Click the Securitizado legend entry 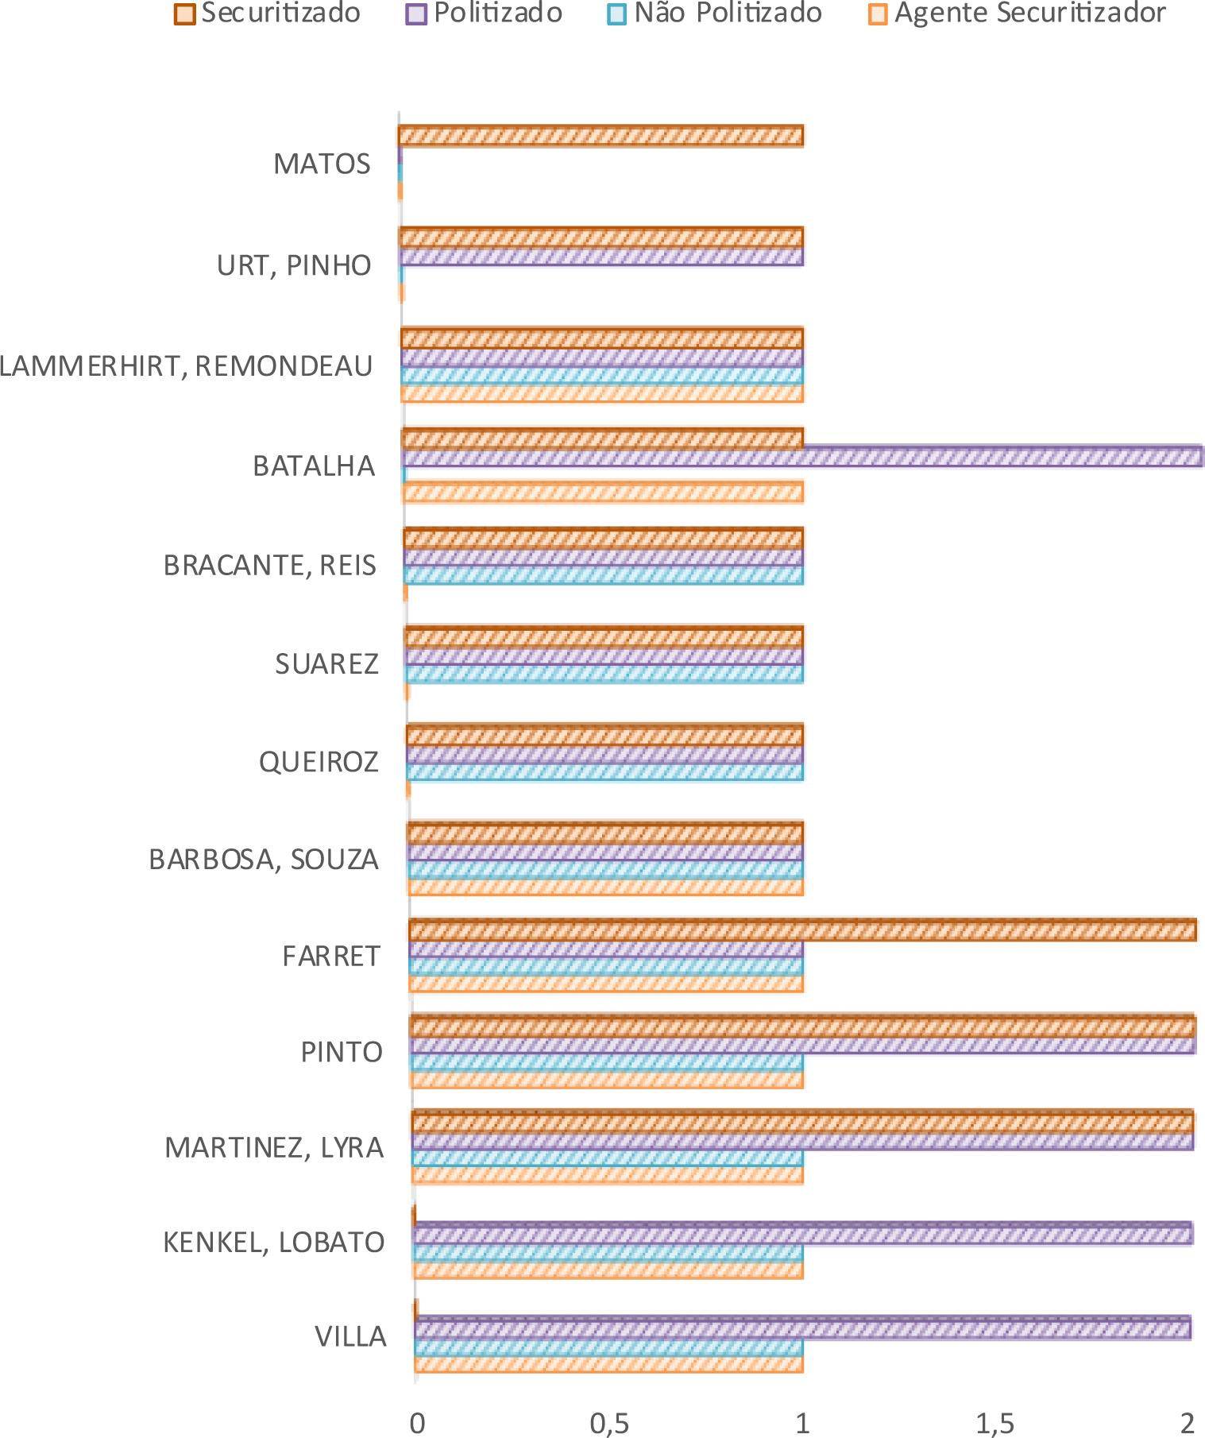coord(268,14)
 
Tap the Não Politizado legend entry coord(716,14)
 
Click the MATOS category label coord(322,164)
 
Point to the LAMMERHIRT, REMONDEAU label coord(186,366)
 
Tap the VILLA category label coord(350,1337)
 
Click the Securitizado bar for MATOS coord(601,136)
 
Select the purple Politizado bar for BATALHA coord(802,457)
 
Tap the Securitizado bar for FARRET coord(802,930)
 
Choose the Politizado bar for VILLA coord(802,1328)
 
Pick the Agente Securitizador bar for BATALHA coord(604,493)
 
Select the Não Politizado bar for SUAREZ coord(604,674)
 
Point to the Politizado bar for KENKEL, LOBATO coord(802,1233)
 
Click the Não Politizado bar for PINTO coord(607,1062)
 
